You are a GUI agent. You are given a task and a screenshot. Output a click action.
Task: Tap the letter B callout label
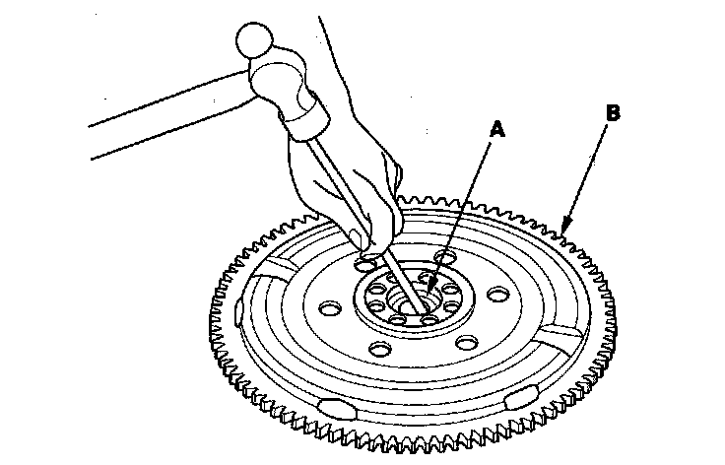point(614,114)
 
